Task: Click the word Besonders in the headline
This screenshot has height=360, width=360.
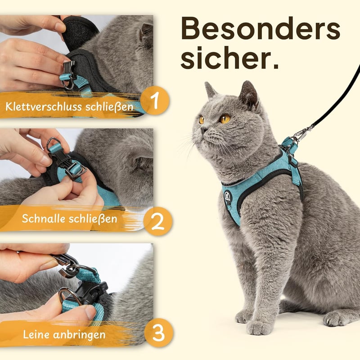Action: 261,28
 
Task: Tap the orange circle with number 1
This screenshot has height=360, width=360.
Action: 155,100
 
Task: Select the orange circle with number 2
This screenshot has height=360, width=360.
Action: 158,221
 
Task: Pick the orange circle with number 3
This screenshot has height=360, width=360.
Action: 159,333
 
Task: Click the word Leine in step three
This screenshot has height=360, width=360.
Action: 36,334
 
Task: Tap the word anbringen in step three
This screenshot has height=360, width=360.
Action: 79,335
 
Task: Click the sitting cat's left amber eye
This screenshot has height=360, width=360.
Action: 225,119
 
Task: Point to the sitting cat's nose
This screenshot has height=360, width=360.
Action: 203,130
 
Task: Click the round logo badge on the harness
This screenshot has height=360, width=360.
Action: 227,196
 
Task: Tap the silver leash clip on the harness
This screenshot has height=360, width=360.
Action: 303,133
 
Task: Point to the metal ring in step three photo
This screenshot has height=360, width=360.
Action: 69,296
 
